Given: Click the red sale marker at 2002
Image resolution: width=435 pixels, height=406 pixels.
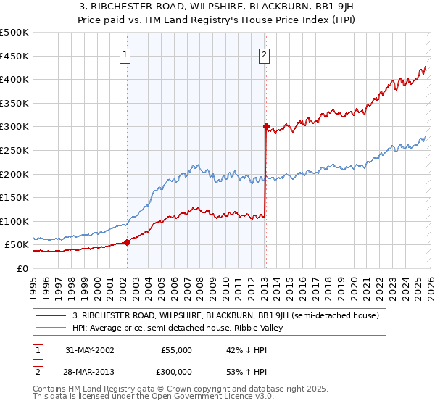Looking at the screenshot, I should tap(127, 242).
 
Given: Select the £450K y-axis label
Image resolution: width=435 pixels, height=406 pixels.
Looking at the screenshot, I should tap(14, 56).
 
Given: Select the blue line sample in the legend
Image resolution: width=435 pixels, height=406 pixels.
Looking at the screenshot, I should tap(51, 328).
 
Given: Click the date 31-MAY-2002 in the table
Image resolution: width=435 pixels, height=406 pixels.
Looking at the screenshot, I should tap(88, 350).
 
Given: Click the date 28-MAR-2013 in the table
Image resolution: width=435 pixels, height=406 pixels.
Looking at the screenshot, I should tap(88, 371).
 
